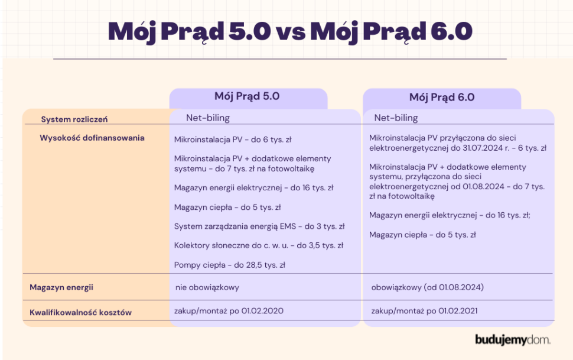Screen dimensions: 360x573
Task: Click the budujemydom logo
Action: [x=512, y=340]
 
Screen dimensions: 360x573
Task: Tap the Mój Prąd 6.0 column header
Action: [x=441, y=98]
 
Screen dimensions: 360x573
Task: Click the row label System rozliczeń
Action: [x=74, y=119]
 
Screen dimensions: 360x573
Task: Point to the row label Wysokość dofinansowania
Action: [x=92, y=138]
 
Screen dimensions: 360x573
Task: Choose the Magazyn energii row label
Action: [x=61, y=288]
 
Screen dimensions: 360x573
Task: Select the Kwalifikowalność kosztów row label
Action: [x=80, y=312]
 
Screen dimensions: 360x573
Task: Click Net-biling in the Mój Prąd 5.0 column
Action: [x=207, y=118]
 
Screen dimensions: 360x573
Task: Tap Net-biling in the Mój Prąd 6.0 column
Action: [x=396, y=118]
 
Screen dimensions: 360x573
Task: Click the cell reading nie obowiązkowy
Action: [x=207, y=288]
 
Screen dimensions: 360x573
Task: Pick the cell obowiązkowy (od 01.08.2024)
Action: [x=428, y=288]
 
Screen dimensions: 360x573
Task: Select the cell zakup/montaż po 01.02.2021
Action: [x=424, y=311]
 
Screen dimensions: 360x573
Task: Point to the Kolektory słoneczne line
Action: [x=259, y=245]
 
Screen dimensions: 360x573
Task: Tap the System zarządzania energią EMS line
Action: [x=259, y=226]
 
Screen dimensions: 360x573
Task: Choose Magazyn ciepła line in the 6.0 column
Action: [x=422, y=235]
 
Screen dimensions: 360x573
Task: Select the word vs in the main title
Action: [x=290, y=32]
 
